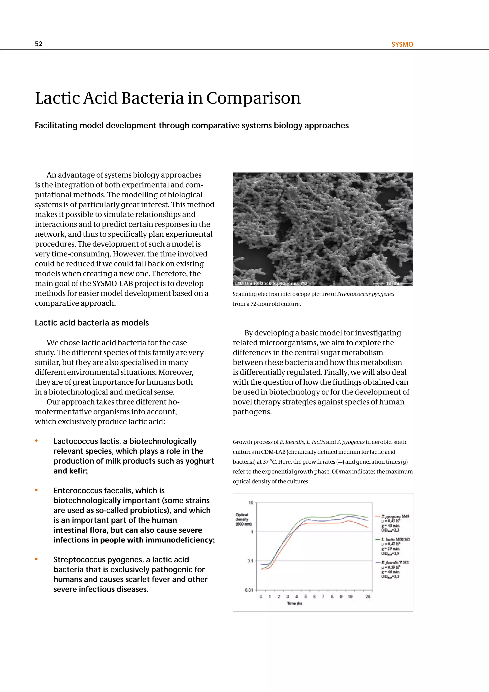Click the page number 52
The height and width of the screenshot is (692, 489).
[x=38, y=44]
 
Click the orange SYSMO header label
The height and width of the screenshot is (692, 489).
[x=402, y=44]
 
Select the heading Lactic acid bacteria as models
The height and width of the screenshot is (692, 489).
[x=92, y=323]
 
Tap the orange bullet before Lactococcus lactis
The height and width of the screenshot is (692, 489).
[x=37, y=441]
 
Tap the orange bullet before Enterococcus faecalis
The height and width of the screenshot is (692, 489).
[x=37, y=490]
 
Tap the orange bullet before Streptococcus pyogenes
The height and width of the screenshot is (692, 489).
[x=37, y=559]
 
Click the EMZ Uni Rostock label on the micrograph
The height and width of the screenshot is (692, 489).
[x=253, y=283]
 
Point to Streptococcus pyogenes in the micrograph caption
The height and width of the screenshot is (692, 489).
[x=365, y=294]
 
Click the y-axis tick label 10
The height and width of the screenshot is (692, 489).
[x=251, y=503]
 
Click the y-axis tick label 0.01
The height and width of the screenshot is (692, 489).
[x=249, y=590]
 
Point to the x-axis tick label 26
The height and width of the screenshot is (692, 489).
[x=368, y=596]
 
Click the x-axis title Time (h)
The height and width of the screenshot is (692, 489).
[x=294, y=603]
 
